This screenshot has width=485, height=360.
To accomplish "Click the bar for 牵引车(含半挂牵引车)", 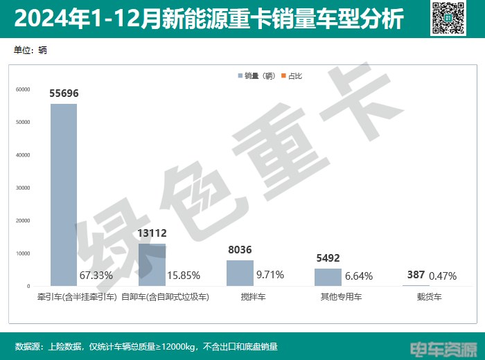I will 64,195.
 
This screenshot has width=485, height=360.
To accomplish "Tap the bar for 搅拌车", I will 240,273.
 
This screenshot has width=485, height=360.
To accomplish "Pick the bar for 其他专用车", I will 328,277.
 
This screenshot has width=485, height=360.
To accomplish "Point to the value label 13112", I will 152,233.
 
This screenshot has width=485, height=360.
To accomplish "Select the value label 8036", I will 240,250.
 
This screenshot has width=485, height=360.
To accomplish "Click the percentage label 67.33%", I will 96,276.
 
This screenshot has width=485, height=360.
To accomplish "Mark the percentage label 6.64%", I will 359,276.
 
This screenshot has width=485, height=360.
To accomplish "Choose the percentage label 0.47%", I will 443,276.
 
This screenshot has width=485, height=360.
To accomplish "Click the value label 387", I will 416,275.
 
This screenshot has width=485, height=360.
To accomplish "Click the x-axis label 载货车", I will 429,296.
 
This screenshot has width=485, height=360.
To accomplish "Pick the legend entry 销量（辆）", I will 258,75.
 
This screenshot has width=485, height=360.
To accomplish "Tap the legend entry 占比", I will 292,75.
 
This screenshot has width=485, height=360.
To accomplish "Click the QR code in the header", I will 447,17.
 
